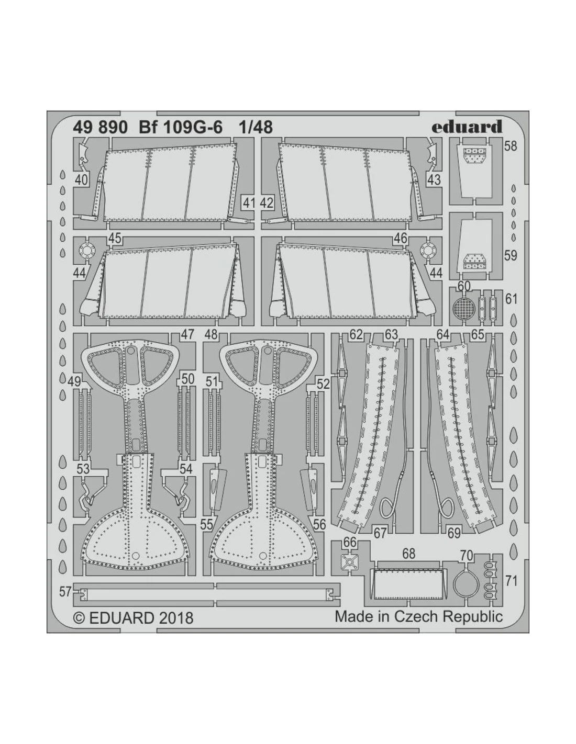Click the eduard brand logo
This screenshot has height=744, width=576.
[467, 127]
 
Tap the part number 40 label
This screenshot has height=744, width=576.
[81, 179]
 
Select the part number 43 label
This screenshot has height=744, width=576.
[434, 179]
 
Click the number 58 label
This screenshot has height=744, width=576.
[510, 146]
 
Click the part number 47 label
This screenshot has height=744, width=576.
[187, 334]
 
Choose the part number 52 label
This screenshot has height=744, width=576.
[323, 384]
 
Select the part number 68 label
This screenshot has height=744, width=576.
[408, 554]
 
